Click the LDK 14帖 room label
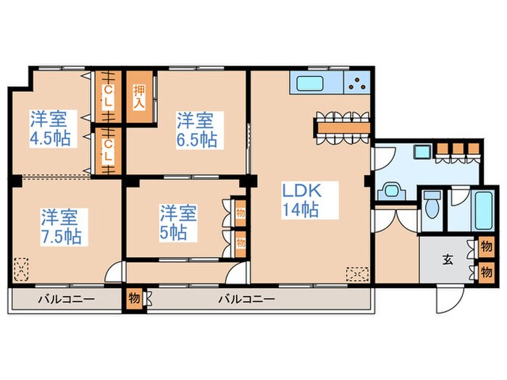click(x=302, y=200)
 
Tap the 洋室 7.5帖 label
click(x=61, y=227)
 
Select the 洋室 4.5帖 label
click(x=50, y=129)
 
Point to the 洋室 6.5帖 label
click(x=196, y=130)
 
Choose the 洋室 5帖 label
click(x=178, y=223)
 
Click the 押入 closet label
click(x=139, y=97)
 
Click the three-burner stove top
click(x=357, y=83)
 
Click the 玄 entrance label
click(x=448, y=259)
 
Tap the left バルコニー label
click(x=67, y=299)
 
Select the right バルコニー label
click(x=246, y=299)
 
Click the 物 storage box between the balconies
click(x=134, y=298)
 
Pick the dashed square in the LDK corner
click(x=357, y=274)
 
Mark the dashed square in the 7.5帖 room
click(x=21, y=269)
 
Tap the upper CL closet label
click(x=109, y=96)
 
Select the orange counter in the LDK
click(x=343, y=127)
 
